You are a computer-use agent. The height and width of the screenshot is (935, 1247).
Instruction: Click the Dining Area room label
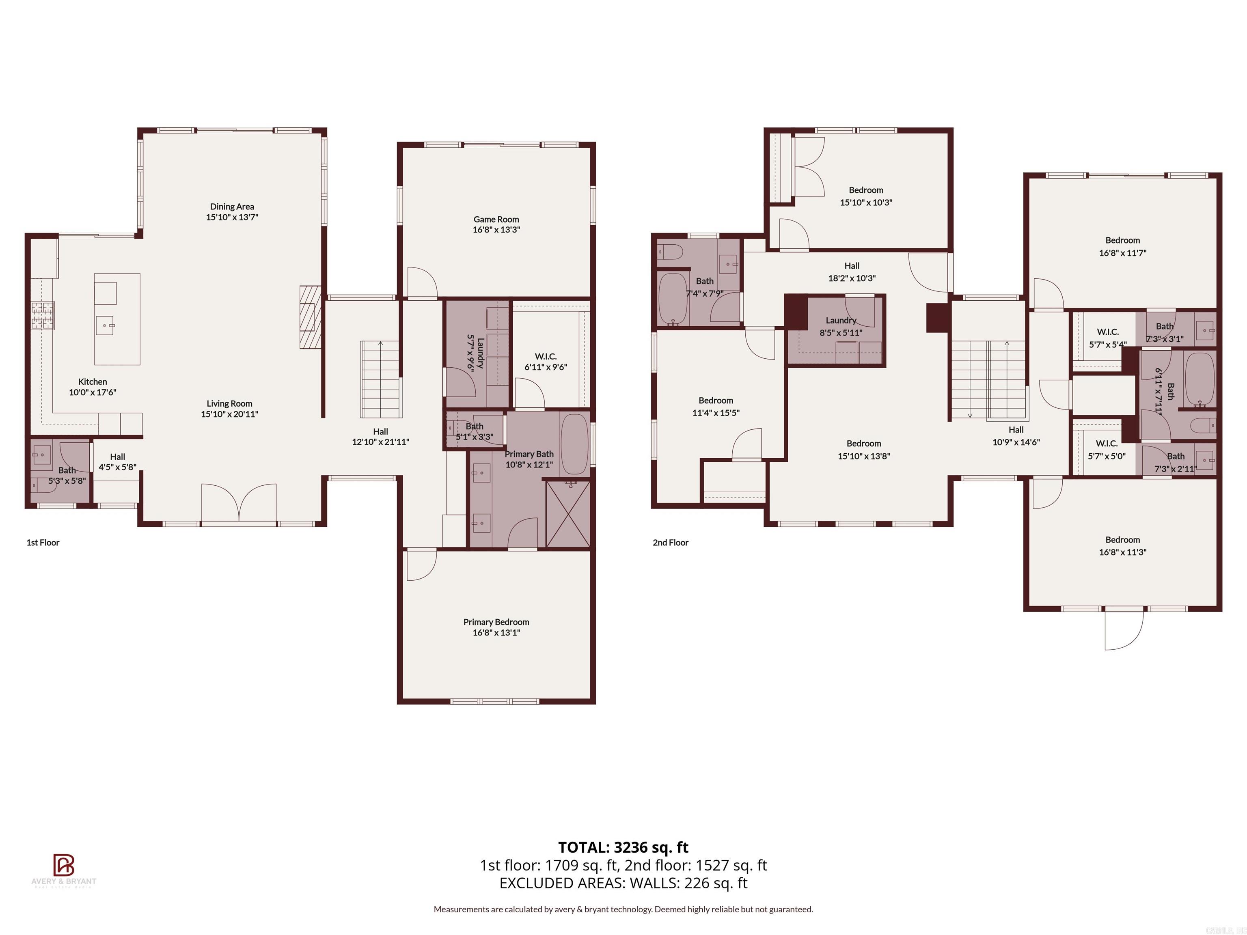pos(232,206)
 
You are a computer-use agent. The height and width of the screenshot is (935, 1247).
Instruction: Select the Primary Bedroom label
pos(496,622)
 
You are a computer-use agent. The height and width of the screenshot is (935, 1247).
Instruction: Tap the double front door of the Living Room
pos(239,503)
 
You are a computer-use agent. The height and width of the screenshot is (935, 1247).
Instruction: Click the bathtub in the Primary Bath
pos(574,444)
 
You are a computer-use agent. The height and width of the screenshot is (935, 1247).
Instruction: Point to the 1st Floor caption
pos(43,542)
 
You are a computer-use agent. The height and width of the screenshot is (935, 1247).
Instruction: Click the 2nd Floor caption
pos(670,542)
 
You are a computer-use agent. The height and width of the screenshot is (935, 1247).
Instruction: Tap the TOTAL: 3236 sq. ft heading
pos(623,847)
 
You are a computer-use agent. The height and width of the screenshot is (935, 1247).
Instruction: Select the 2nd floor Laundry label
pos(841,320)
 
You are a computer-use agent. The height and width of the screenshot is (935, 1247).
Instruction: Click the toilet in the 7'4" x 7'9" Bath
pos(671,251)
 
